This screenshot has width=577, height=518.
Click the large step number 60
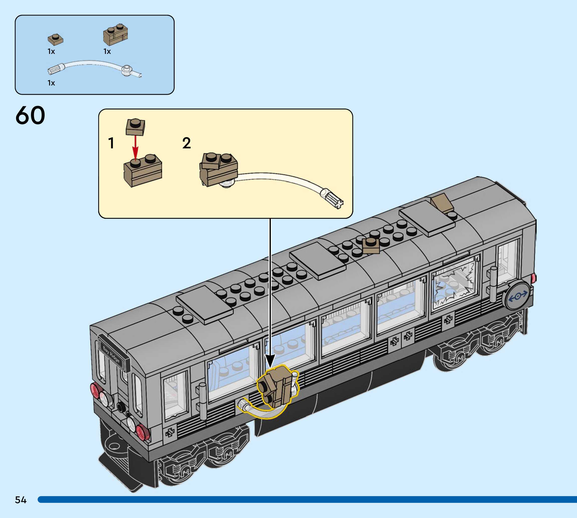pos(30,115)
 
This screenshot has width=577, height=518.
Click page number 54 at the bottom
pos(21,500)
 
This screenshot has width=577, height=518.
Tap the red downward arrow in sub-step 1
pos(136,148)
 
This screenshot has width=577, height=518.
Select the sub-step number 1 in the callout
pos(111,143)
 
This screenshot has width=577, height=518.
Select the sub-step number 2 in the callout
pos(186,143)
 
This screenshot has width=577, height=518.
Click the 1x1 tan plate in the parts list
pos(55,39)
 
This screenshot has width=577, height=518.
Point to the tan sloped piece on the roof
pos(442,203)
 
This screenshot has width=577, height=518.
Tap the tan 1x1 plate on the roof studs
pos(371,245)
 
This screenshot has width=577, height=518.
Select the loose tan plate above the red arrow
pos(136,127)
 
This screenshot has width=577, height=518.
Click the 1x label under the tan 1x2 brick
pos(107,52)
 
